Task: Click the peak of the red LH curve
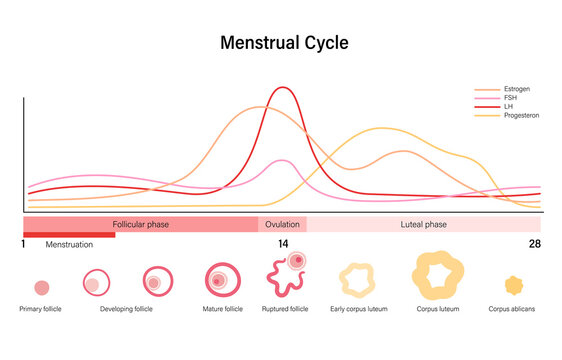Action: click(x=283, y=88)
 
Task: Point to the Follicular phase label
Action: click(x=140, y=225)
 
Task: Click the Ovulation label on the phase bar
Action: click(x=282, y=225)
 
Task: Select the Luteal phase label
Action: click(x=423, y=225)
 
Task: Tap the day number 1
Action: click(x=23, y=244)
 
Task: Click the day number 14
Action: click(x=283, y=244)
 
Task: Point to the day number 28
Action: click(x=535, y=244)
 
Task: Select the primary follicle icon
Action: click(x=41, y=287)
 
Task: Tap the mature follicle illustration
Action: click(x=221, y=281)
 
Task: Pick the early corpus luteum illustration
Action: click(x=357, y=279)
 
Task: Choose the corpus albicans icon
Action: click(x=513, y=286)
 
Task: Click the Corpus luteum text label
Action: click(x=438, y=310)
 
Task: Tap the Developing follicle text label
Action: click(x=127, y=310)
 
